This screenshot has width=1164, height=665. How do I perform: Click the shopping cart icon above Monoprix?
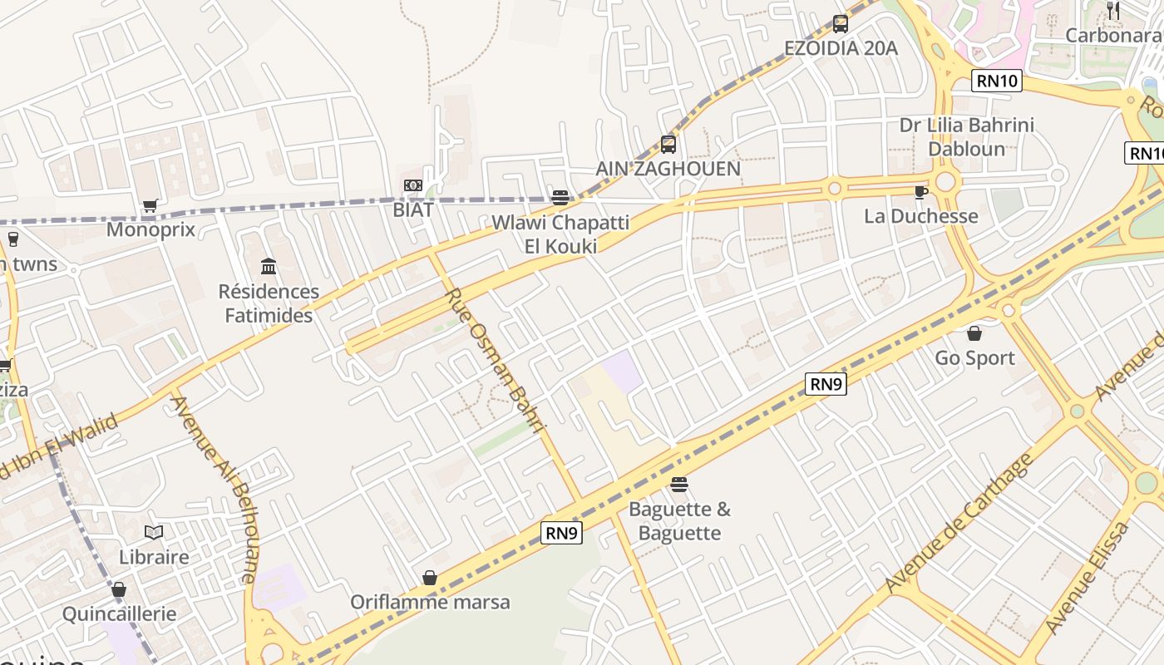click(150, 205)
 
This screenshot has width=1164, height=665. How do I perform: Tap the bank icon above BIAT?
click(413, 185)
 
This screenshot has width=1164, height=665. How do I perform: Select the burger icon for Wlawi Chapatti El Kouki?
click(560, 198)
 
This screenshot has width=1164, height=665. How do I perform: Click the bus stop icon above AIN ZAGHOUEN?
click(668, 145)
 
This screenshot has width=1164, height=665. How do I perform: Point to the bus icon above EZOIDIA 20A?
click(841, 24)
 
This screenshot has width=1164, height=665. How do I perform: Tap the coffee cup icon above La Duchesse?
click(920, 192)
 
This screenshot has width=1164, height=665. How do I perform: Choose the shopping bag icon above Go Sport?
click(974, 333)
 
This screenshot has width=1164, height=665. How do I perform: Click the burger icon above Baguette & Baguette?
click(679, 485)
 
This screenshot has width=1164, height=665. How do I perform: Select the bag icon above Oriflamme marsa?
click(430, 577)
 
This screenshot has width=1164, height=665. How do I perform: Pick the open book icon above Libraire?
click(154, 532)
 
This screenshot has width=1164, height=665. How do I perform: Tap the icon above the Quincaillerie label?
click(119, 590)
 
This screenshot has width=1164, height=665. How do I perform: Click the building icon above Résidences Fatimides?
click(269, 266)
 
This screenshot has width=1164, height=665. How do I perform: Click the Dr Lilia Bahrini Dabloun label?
click(967, 137)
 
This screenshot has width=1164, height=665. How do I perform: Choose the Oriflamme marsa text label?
click(430, 602)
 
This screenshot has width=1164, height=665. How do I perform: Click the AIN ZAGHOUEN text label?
click(668, 169)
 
